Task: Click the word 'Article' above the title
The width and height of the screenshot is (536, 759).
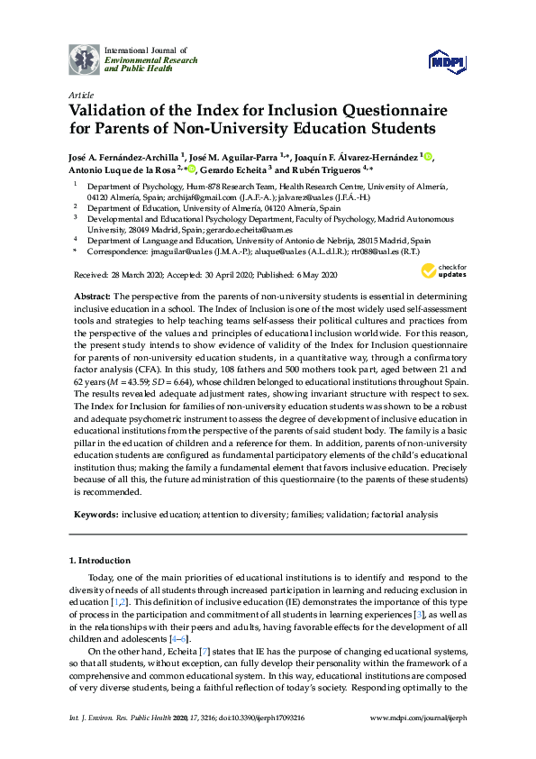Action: tap(80, 94)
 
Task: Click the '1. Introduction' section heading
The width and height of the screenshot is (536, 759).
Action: tap(103, 561)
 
